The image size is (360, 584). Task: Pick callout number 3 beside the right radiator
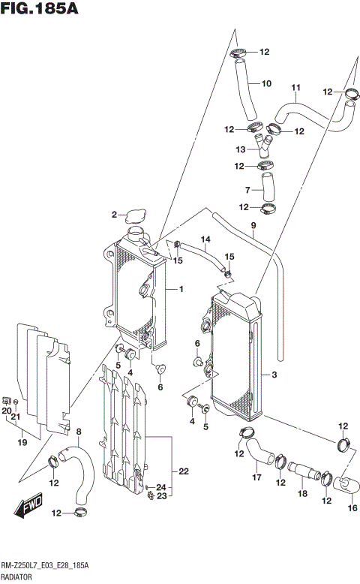(275, 374)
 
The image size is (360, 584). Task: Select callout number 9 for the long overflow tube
(253, 225)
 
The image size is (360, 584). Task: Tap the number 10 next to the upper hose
(266, 83)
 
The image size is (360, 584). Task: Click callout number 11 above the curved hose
(295, 87)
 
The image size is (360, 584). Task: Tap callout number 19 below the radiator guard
(22, 443)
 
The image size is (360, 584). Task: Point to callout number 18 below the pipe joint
(303, 493)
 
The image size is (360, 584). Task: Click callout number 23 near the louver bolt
(161, 495)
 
